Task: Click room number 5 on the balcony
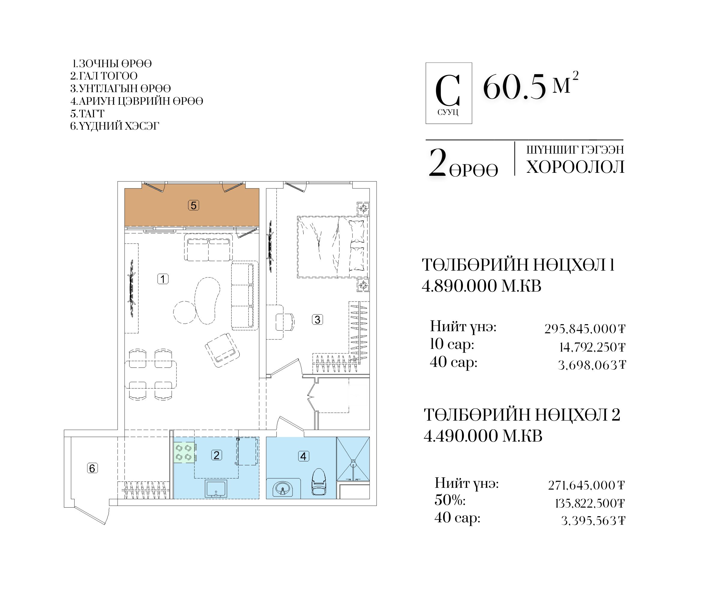(x=193, y=205)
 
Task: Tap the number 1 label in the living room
(x=163, y=279)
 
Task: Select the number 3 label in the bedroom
(x=317, y=319)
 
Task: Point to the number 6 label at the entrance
(x=92, y=468)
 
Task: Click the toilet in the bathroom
(x=319, y=482)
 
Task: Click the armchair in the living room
(x=222, y=350)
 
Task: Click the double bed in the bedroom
(x=332, y=247)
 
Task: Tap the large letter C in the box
(x=448, y=91)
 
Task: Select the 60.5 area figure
(x=514, y=87)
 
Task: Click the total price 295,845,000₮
(x=585, y=329)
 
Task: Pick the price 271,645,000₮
(x=586, y=485)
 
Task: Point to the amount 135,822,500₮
(x=589, y=503)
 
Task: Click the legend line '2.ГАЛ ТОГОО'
(x=104, y=76)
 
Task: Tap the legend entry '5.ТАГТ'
(x=87, y=113)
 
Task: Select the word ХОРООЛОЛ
(x=575, y=167)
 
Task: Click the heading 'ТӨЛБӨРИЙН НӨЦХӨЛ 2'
(x=522, y=415)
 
